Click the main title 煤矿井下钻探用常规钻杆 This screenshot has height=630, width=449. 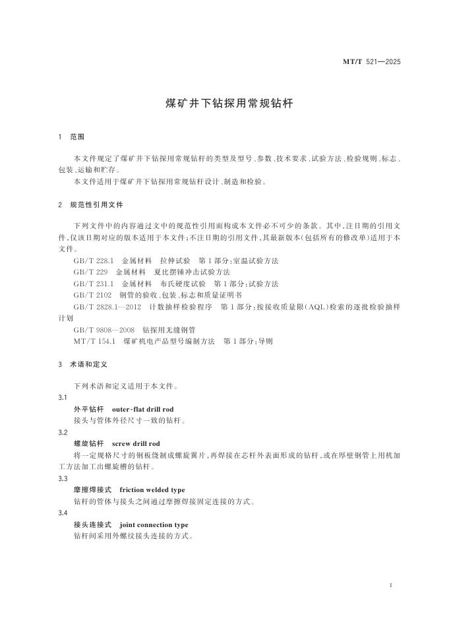tap(224, 104)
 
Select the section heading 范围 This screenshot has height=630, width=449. tap(78, 137)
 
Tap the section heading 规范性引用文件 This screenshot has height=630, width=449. tap(96, 205)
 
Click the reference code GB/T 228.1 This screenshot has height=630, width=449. tap(94, 261)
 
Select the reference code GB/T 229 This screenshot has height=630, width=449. tap(90, 272)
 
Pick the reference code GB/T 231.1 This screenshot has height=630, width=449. tap(94, 283)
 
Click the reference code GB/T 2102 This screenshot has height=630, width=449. tap(92, 295)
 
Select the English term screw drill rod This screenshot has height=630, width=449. tap(136, 443)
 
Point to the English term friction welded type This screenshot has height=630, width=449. tap(152, 490)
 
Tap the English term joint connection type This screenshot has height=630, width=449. tap(154, 524)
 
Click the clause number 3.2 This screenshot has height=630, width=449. tap(63, 432)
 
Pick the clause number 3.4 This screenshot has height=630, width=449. tap(63, 513)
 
